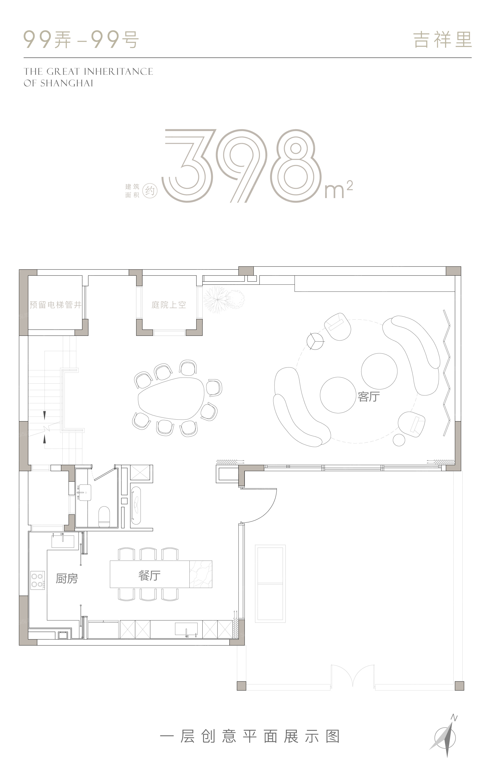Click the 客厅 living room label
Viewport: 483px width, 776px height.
pyautogui.click(x=369, y=397)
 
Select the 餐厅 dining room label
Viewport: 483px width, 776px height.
pyautogui.click(x=150, y=575)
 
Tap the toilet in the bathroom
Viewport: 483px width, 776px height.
pyautogui.click(x=104, y=516)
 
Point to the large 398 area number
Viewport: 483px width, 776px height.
pyautogui.click(x=239, y=166)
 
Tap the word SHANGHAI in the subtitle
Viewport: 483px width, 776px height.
pyautogui.click(x=67, y=83)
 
